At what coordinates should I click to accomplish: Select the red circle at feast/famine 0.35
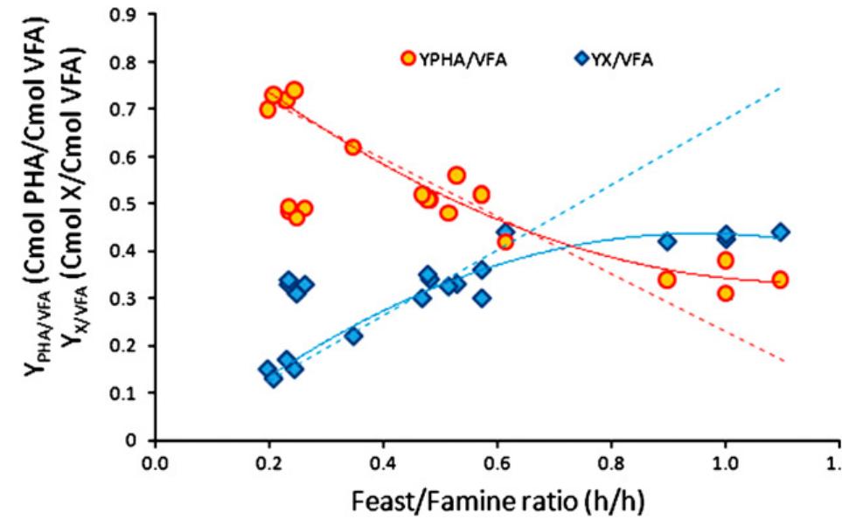(353, 148)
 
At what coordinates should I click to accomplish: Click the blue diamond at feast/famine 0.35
(353, 336)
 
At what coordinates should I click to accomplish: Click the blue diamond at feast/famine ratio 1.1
(780, 232)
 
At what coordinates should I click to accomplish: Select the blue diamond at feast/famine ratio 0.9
(667, 241)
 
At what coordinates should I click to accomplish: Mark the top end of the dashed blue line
(779, 87)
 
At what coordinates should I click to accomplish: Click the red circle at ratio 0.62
(505, 242)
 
